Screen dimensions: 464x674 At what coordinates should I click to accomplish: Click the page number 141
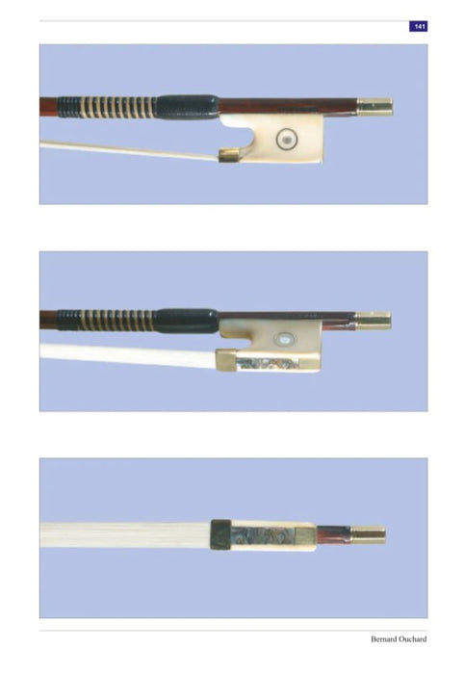click(x=419, y=26)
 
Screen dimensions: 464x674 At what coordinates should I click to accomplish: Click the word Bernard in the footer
click(x=384, y=639)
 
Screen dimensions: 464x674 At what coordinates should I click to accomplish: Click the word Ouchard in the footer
click(x=413, y=639)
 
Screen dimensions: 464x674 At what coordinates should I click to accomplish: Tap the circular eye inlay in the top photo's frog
click(x=284, y=140)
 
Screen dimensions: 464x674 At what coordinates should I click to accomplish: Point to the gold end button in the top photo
click(x=374, y=107)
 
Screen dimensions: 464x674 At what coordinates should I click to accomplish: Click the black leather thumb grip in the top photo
click(x=187, y=107)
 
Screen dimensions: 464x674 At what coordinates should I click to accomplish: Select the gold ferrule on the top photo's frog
click(x=228, y=155)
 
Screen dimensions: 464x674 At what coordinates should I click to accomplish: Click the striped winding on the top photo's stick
click(x=107, y=108)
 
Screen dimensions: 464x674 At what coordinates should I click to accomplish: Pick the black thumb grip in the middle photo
click(x=186, y=321)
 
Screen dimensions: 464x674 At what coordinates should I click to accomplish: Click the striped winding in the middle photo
click(x=106, y=321)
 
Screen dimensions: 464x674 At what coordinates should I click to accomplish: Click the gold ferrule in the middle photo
click(x=225, y=360)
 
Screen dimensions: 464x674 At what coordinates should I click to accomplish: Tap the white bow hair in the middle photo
click(x=128, y=355)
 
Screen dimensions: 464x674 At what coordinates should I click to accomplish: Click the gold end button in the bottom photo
click(x=368, y=535)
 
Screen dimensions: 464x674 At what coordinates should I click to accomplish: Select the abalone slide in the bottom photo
click(x=263, y=536)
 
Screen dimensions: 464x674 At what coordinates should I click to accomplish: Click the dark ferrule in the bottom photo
click(x=220, y=534)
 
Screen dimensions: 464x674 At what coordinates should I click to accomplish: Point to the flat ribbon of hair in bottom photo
click(x=125, y=534)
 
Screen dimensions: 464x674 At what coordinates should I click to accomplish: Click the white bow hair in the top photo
click(x=130, y=150)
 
